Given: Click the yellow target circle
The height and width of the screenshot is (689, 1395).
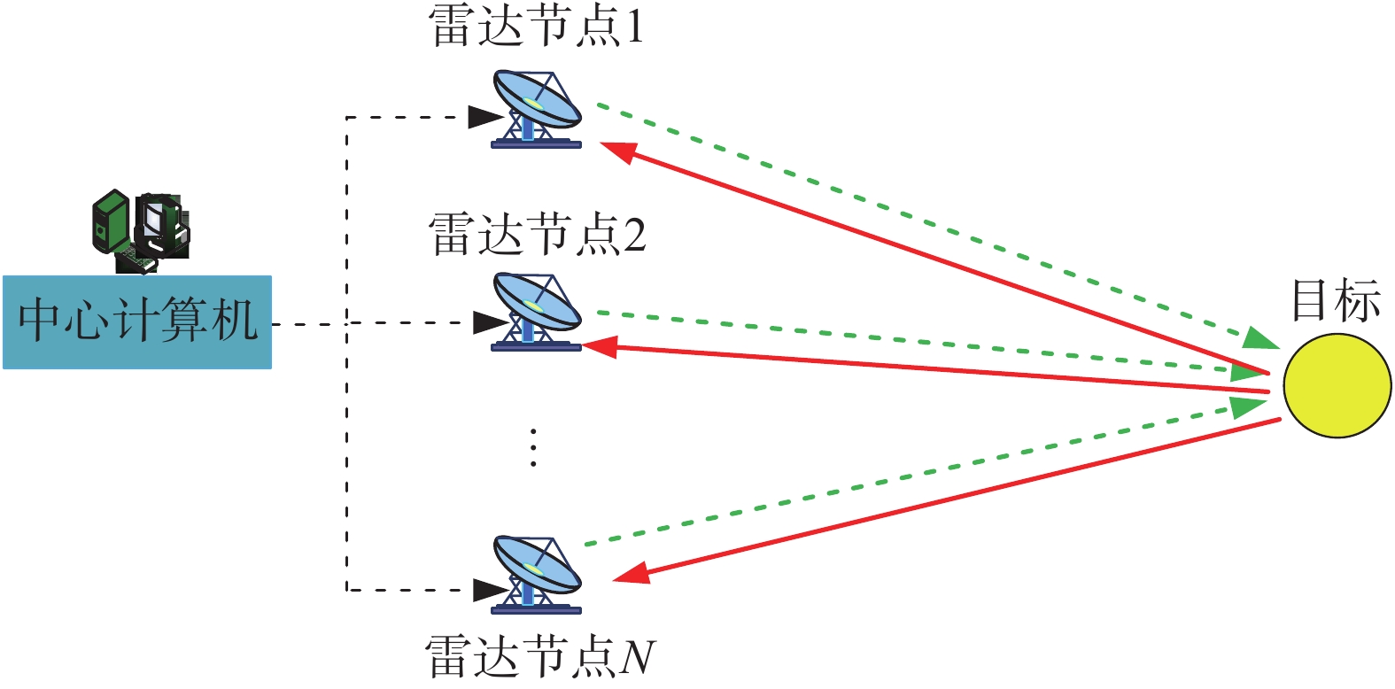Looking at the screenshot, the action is click(1337, 385).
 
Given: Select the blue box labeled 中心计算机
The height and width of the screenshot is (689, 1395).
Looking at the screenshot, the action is click(137, 322).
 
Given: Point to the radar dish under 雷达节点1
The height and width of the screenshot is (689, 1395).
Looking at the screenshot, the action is click(536, 110).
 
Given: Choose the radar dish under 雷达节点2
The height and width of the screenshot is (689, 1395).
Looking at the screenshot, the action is click(536, 312).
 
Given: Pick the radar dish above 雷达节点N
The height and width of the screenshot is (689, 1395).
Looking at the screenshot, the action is click(536, 575).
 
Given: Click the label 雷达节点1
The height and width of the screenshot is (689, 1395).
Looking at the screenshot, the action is click(536, 27).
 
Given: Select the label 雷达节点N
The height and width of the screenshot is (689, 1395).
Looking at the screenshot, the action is click(540, 656).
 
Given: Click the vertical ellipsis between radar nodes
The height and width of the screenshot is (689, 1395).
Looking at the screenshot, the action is click(533, 447).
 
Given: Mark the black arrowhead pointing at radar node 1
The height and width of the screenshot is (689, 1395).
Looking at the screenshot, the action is click(486, 117).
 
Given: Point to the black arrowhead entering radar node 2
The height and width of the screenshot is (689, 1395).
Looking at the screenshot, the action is click(491, 322).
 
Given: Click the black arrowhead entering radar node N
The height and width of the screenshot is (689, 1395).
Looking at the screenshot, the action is click(491, 590).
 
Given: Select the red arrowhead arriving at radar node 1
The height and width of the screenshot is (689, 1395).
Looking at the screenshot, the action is click(618, 151).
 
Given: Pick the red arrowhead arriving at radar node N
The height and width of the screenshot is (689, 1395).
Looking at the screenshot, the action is click(632, 574).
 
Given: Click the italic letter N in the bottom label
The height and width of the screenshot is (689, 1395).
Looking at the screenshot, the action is click(638, 656).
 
